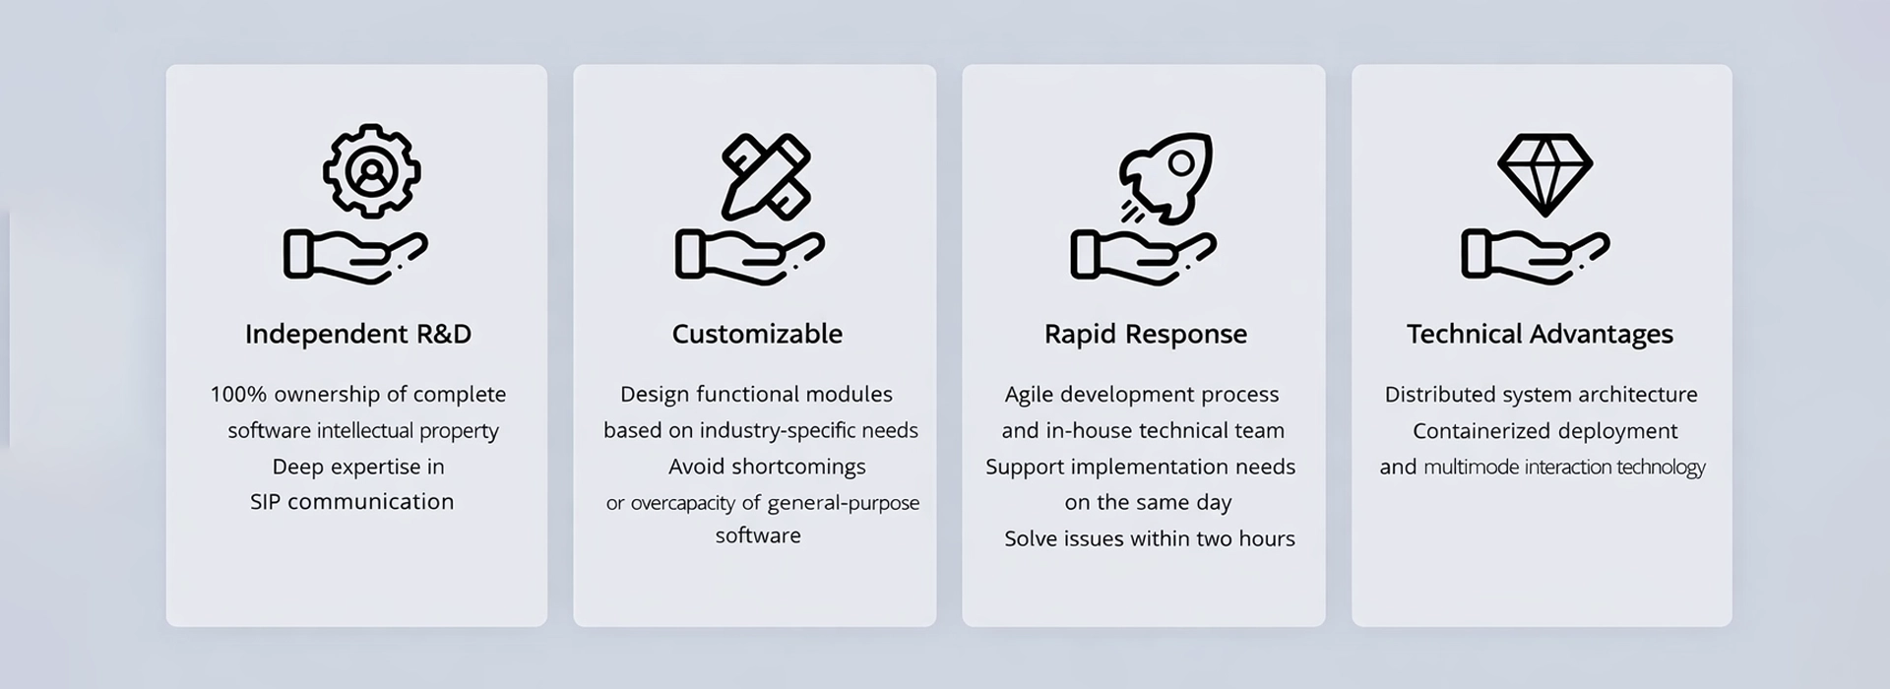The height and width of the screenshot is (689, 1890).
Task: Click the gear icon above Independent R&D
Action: pyautogui.click(x=371, y=171)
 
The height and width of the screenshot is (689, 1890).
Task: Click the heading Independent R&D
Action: pyautogui.click(x=357, y=334)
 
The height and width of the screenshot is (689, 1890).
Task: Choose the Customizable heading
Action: pyautogui.click(x=757, y=334)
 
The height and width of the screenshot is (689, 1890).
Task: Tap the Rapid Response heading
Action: pyautogui.click(x=1145, y=334)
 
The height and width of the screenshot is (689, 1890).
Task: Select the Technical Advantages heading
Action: pyautogui.click(x=1540, y=334)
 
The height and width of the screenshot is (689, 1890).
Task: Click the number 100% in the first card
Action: pyautogui.click(x=238, y=395)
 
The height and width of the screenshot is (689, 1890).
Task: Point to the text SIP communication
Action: pyautogui.click(x=351, y=502)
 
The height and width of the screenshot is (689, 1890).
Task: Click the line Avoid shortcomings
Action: pyautogui.click(x=767, y=467)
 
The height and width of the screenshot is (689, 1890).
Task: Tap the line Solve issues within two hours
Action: pyautogui.click(x=1149, y=538)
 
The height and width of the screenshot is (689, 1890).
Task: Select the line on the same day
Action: pyautogui.click(x=1148, y=503)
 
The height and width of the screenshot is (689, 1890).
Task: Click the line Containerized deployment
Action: pyautogui.click(x=1544, y=431)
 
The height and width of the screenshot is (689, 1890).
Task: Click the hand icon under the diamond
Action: pyautogui.click(x=1535, y=257)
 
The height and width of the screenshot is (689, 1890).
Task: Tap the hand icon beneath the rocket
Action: pyautogui.click(x=1143, y=257)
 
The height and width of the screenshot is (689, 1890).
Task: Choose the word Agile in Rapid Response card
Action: pyautogui.click(x=1028, y=395)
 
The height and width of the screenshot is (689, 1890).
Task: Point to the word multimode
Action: pyautogui.click(x=1471, y=468)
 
